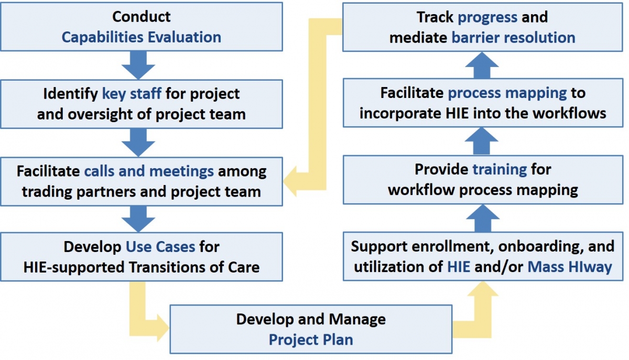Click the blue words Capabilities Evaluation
point(141,37)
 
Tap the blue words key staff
point(132,94)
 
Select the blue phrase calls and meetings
point(149,171)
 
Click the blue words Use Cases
point(160,247)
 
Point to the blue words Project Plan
point(311,340)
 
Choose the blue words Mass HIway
point(570,267)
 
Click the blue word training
point(500,170)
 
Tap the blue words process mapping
point(507,93)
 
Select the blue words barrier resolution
point(513,38)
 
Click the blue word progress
point(487,17)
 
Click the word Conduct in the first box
point(141,17)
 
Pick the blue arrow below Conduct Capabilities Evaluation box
point(138,65)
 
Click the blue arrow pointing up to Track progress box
point(482,65)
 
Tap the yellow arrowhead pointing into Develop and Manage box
point(162,328)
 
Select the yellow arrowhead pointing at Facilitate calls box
point(290,181)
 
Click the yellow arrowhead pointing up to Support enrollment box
point(483,289)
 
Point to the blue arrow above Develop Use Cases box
point(138,219)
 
